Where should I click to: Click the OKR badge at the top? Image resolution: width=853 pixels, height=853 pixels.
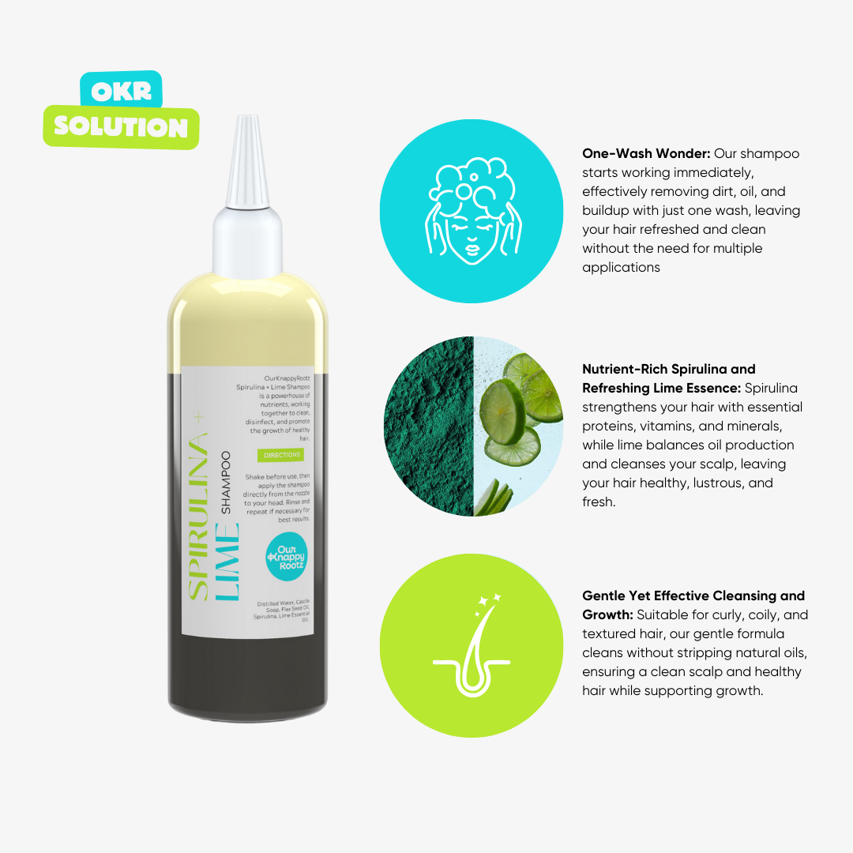(121, 91)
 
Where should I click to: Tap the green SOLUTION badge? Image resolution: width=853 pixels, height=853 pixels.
(121, 127)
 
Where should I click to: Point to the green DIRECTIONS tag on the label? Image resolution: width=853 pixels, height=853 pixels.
(280, 455)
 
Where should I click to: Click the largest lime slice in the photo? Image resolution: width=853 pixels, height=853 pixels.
(503, 411)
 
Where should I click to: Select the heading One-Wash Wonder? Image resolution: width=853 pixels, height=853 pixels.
(646, 154)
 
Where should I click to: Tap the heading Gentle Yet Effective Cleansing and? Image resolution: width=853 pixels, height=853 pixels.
(693, 596)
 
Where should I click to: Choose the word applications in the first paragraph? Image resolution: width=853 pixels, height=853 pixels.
(621, 268)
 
